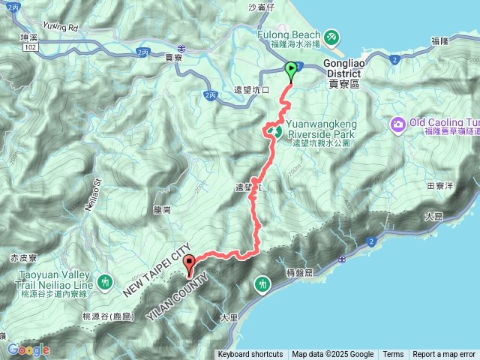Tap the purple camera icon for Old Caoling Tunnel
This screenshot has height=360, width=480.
pos(397,123)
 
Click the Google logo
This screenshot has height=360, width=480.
pos(28,349)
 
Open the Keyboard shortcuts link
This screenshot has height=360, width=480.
pos(251,355)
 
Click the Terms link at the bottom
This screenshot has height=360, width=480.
pos(393,355)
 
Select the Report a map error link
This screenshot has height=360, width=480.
pos(444,355)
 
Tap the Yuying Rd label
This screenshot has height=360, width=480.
pos(60,27)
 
